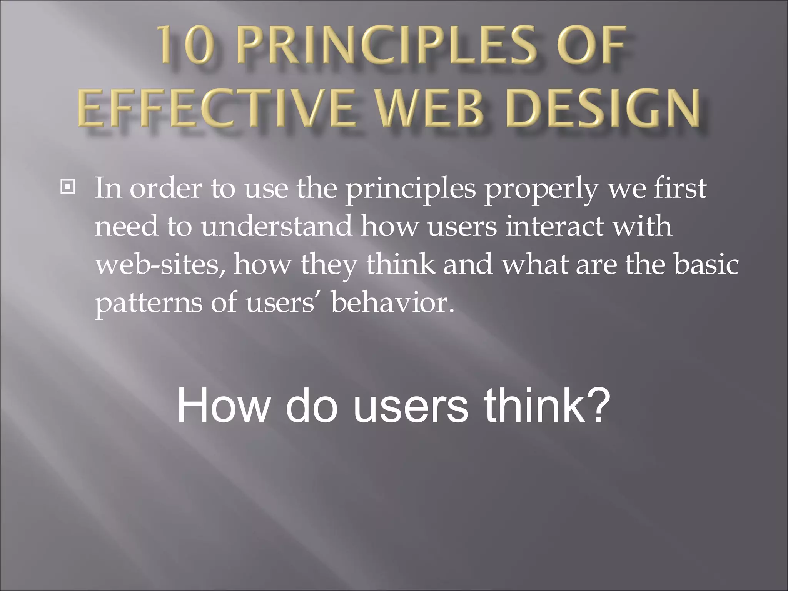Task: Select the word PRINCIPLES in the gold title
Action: pos(380,50)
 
